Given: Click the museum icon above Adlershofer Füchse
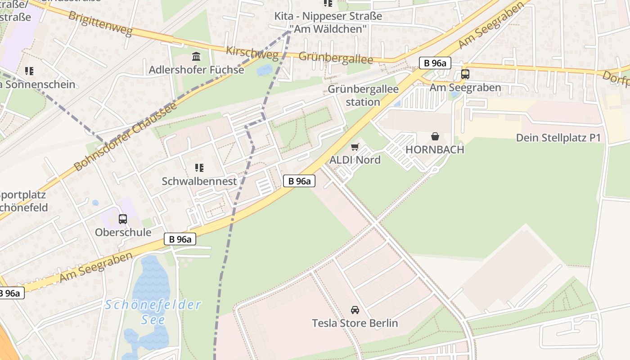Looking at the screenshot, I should click(196, 57).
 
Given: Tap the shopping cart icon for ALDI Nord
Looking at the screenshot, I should click(355, 147).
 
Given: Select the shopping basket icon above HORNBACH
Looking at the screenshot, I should click(435, 136).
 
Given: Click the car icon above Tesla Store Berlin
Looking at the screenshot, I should click(355, 310).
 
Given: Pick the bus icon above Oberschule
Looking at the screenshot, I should click(123, 219).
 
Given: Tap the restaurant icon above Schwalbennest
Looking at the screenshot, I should click(199, 168).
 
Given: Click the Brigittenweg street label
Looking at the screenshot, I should click(100, 23).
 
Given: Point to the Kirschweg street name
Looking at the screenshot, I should click(252, 53).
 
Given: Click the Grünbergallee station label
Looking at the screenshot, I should click(363, 95).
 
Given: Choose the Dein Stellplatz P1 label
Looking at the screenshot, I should click(558, 138).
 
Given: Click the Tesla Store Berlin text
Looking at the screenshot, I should click(355, 323).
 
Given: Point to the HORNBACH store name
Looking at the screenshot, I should click(435, 150).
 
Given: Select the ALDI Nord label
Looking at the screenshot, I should click(355, 160).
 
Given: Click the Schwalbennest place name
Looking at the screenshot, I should click(199, 181).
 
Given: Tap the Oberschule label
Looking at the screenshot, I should click(123, 232).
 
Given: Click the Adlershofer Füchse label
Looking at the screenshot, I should click(196, 70).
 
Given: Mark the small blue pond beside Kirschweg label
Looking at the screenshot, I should click(265, 70).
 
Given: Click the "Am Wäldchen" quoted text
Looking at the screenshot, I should click(328, 29).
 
